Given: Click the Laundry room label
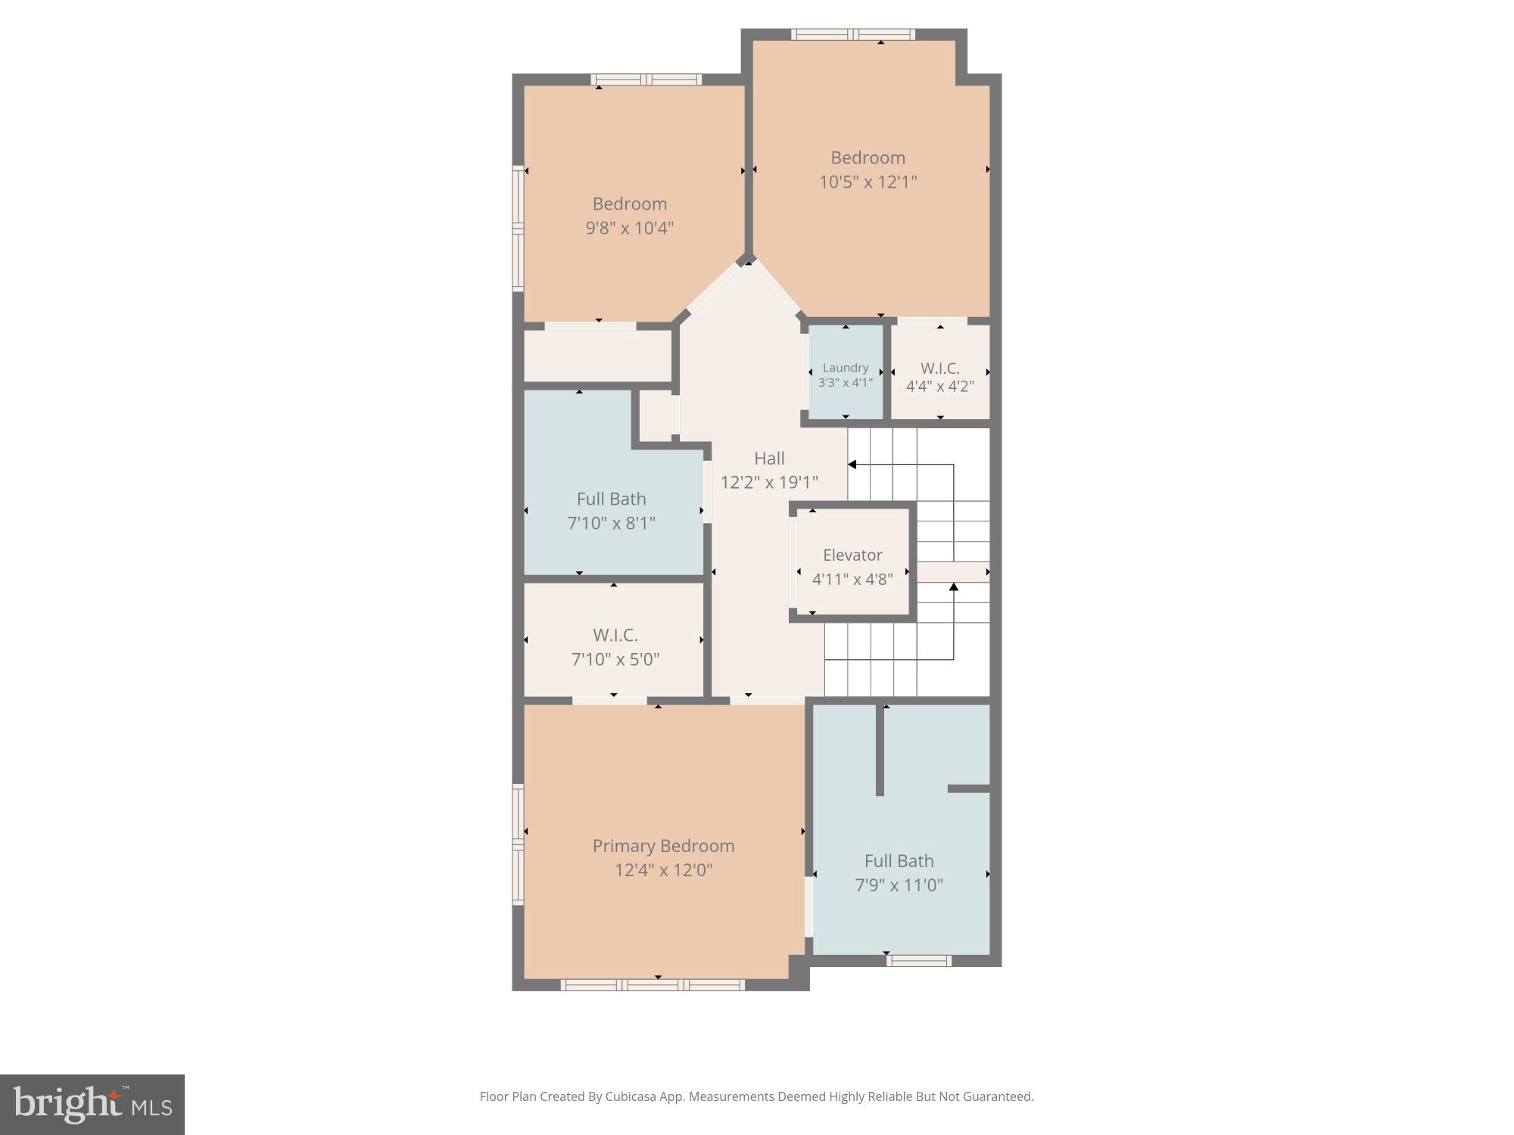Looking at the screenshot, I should click(846, 368).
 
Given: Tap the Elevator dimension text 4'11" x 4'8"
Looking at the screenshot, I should click(852, 580).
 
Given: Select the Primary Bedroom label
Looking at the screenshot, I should click(663, 846).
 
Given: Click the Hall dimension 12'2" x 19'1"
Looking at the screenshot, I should click(769, 482).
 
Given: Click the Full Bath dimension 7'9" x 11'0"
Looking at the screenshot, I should click(899, 885).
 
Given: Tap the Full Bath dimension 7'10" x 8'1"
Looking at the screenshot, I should click(611, 523).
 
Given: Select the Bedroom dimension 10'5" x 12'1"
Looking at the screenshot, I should click(868, 182).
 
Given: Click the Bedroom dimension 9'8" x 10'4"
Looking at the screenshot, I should click(629, 228).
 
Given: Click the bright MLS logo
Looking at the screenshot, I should click(92, 1104).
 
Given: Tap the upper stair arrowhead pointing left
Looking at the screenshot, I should click(852, 465).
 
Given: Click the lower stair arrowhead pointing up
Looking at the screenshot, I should click(954, 586).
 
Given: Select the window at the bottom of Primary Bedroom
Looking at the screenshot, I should click(653, 984).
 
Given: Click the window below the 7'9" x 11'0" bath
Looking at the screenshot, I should click(918, 961).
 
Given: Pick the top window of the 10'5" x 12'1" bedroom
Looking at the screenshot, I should click(853, 34).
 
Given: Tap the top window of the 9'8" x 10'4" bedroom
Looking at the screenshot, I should click(646, 79).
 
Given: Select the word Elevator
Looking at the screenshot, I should click(852, 555).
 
